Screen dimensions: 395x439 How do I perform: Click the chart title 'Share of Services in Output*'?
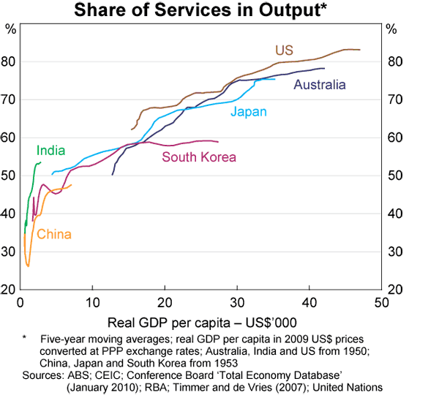point(219,10)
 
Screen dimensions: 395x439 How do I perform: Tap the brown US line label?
point(284,50)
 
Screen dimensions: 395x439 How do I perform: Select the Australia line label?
point(319,85)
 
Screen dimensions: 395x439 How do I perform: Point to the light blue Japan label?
point(248,112)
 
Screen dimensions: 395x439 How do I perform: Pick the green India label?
point(50,151)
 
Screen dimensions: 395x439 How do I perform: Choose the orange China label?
point(53,234)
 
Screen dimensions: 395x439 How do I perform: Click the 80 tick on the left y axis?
point(10,61)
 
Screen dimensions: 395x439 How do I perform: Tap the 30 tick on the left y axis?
point(10,252)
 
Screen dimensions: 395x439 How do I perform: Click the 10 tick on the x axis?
point(91,302)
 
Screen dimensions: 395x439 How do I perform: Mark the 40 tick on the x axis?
point(308,302)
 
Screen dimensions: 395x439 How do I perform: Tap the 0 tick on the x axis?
point(20,302)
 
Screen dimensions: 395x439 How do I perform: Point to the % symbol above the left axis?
point(10,30)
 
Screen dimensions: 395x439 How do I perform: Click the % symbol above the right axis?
point(391,30)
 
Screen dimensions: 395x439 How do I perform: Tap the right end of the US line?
point(360,50)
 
